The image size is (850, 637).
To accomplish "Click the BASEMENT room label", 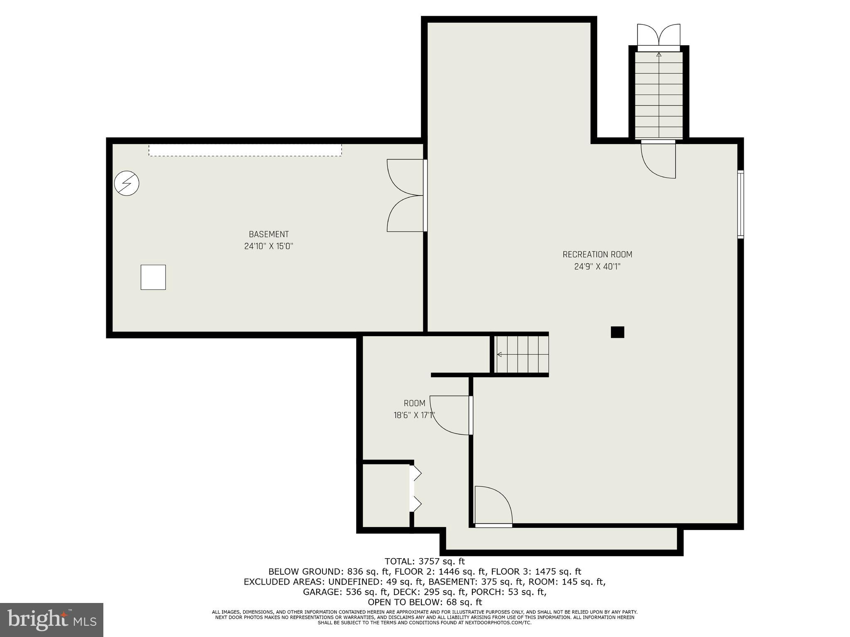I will click(x=269, y=234).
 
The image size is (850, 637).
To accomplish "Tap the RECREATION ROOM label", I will click(x=597, y=254).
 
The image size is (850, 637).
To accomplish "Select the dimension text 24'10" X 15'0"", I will click(x=269, y=246).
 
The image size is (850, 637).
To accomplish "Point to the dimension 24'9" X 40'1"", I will click(x=597, y=266).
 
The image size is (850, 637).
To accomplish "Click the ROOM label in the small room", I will click(x=414, y=403).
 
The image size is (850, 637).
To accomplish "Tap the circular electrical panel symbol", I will click(x=127, y=183).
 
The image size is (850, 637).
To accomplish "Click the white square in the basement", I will click(x=153, y=277).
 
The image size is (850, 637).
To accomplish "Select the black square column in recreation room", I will click(x=617, y=332).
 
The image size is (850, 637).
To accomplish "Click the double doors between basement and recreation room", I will click(x=406, y=195).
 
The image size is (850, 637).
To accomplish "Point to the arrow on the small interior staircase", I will click(x=500, y=354).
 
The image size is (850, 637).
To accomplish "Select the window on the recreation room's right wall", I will click(x=740, y=204).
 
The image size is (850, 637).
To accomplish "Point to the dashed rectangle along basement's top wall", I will click(x=245, y=150).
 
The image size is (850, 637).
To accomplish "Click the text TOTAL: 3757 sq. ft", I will click(x=425, y=561).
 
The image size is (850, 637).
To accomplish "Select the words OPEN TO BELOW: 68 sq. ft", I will click(x=425, y=602).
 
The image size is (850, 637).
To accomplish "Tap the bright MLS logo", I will click(x=51, y=620).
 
